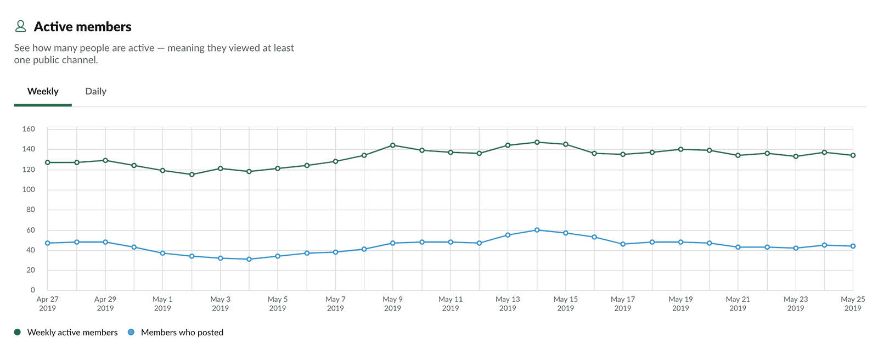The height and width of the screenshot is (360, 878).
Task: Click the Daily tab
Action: pyautogui.click(x=95, y=92)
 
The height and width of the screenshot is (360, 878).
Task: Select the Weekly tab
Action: pyautogui.click(x=43, y=92)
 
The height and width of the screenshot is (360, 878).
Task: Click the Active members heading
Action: pyautogui.click(x=82, y=27)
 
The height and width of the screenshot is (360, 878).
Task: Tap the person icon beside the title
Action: pyautogui.click(x=20, y=26)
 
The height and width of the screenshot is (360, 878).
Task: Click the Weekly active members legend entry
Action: pyautogui.click(x=72, y=333)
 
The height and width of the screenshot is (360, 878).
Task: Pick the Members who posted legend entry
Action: pyautogui.click(x=182, y=333)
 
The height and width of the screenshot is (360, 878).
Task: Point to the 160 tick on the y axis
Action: pyautogui.click(x=29, y=129)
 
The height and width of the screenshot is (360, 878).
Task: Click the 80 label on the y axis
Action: pyautogui.click(x=30, y=210)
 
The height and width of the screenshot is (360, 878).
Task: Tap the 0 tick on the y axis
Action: pyautogui.click(x=32, y=290)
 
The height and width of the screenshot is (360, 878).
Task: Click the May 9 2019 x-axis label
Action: pyautogui.click(x=392, y=303)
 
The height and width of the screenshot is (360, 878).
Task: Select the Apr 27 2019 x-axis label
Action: pyautogui.click(x=47, y=303)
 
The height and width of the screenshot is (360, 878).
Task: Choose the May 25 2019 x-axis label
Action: pyautogui.click(x=853, y=303)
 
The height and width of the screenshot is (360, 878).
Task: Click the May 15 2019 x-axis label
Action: pyautogui.click(x=565, y=303)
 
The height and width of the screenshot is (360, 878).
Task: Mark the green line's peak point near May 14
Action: pyautogui.click(x=537, y=142)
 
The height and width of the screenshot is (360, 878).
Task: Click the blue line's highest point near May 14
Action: pyautogui.click(x=537, y=230)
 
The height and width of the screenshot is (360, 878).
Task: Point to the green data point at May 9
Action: pyautogui.click(x=392, y=145)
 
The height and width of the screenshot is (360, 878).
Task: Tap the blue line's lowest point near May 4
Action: pyautogui.click(x=249, y=259)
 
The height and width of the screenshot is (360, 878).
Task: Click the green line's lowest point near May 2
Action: pyautogui.click(x=192, y=175)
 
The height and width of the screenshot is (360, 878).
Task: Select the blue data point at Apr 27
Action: pyautogui.click(x=48, y=243)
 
